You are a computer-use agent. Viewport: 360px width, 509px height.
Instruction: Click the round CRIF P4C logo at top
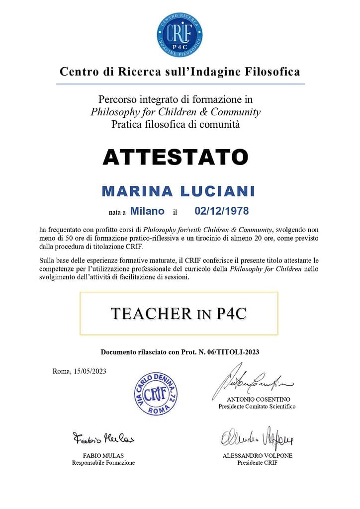pyautogui.click(x=180, y=34)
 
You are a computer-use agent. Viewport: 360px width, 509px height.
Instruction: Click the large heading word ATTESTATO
pyautogui.click(x=175, y=157)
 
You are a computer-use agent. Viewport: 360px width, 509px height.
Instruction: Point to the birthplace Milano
pyautogui.click(x=147, y=211)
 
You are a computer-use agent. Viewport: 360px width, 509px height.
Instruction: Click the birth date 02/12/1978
pyautogui.click(x=221, y=211)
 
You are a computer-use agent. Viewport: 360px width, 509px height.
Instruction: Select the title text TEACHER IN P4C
pyautogui.click(x=179, y=314)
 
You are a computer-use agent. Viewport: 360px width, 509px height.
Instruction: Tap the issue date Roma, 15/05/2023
pyautogui.click(x=79, y=371)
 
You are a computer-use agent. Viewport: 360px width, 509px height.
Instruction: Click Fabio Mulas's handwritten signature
pyautogui.click(x=103, y=438)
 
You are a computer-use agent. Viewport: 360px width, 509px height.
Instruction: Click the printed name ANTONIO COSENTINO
pyautogui.click(x=258, y=399)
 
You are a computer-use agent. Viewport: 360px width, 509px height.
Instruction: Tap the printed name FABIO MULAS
pyautogui.click(x=103, y=455)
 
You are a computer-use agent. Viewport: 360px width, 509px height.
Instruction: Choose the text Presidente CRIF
pyautogui.click(x=257, y=463)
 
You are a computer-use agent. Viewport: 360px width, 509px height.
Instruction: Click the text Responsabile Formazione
pyautogui.click(x=103, y=463)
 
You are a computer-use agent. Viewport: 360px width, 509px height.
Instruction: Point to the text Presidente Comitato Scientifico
pyautogui.click(x=257, y=407)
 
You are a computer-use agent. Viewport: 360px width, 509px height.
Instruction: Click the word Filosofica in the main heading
pyautogui.click(x=272, y=72)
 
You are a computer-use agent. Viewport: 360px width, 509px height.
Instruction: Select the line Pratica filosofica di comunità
pyautogui.click(x=176, y=124)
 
